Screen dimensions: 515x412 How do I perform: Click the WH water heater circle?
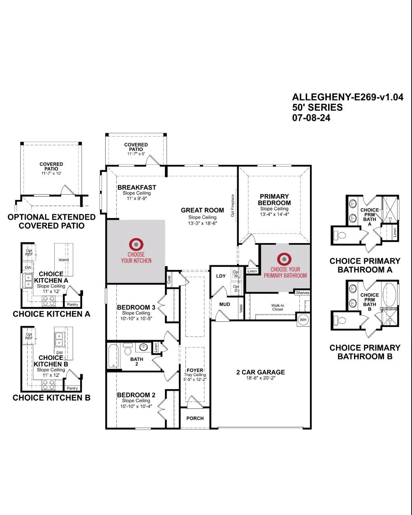[x=303, y=320]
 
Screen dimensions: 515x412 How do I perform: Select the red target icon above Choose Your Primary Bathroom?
[x=285, y=259]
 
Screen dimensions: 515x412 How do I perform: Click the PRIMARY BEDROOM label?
[x=274, y=200]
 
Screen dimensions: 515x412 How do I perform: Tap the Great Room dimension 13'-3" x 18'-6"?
[x=202, y=223]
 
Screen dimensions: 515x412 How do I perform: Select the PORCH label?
[x=195, y=418]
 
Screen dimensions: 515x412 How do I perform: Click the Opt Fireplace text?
[x=233, y=206]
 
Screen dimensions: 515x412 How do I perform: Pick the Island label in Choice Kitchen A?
[x=64, y=260]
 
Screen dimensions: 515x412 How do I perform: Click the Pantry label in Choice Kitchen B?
[x=72, y=388]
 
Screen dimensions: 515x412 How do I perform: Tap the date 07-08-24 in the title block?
[x=311, y=118]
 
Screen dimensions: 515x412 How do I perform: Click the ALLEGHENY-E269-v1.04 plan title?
[x=347, y=97]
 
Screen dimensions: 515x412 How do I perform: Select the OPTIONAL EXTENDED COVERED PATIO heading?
[x=51, y=221]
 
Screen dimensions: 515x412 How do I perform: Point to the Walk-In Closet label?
[x=278, y=307]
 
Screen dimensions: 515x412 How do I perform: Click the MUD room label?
[x=225, y=304]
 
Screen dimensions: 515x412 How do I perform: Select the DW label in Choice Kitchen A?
[x=28, y=268]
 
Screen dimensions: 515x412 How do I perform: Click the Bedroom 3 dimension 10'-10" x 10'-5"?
[x=136, y=318]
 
